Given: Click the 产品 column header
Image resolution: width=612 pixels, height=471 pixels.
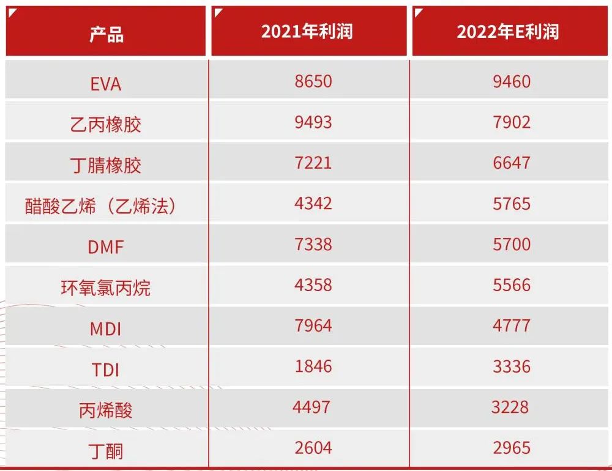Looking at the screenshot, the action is pyautogui.click(x=106, y=34).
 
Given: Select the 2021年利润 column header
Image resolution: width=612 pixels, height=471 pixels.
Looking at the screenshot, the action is pyautogui.click(x=307, y=32).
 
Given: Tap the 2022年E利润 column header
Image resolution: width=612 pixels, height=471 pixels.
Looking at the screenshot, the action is pyautogui.click(x=508, y=32).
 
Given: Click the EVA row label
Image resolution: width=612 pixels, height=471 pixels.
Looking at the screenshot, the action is pyautogui.click(x=106, y=84).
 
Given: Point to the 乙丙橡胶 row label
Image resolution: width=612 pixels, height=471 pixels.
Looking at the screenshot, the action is pyautogui.click(x=106, y=125).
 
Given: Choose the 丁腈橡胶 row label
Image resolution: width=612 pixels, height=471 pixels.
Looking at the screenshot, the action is pyautogui.click(x=106, y=165).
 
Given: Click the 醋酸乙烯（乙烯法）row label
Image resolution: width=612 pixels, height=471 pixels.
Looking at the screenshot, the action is pyautogui.click(x=100, y=206).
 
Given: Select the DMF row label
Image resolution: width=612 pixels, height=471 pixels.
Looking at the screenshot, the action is pyautogui.click(x=106, y=247).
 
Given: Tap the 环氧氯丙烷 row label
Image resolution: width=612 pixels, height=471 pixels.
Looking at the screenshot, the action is pyautogui.click(x=106, y=287).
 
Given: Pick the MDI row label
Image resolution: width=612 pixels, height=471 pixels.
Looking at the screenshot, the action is pyautogui.click(x=106, y=329).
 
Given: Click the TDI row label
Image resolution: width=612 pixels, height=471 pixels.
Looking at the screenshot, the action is pyautogui.click(x=106, y=369).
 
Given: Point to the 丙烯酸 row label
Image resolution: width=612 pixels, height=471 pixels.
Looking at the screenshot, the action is pyautogui.click(x=106, y=410).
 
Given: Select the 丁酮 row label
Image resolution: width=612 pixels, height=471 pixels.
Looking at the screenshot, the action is pyautogui.click(x=106, y=451).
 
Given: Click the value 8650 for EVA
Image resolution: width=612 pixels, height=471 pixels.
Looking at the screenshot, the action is pyautogui.click(x=313, y=81).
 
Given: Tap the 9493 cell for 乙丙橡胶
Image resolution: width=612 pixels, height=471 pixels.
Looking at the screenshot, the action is pyautogui.click(x=313, y=122).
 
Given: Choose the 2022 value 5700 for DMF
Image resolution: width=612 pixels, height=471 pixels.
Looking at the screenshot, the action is pyautogui.click(x=512, y=244).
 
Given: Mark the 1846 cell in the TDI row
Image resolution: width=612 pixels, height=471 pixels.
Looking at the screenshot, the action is pyautogui.click(x=313, y=366).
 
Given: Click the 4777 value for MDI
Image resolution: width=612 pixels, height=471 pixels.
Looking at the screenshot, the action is pyautogui.click(x=512, y=325).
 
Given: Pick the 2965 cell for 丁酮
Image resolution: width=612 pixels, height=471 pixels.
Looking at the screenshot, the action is pyautogui.click(x=512, y=448).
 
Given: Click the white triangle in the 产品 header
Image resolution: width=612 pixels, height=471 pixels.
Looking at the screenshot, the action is pyautogui.click(x=11, y=12).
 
